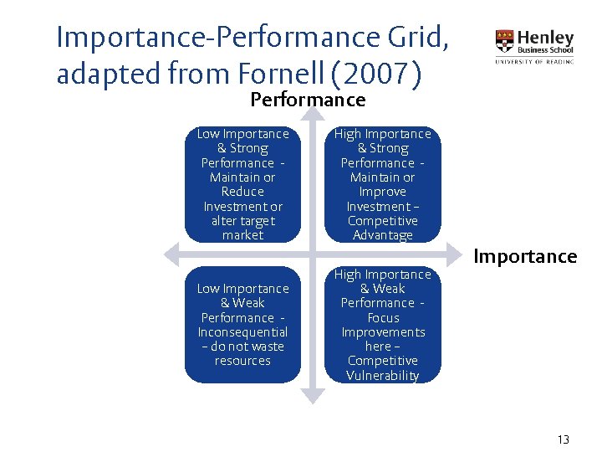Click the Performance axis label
tap(308, 100)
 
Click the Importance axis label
tap(525, 256)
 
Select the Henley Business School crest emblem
tap(505, 41)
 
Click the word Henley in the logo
tap(546, 38)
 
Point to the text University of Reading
tap(534, 61)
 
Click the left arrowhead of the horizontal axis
tap(168, 253)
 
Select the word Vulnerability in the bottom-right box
tap(383, 376)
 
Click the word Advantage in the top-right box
tap(383, 235)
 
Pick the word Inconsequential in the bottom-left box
tap(242, 332)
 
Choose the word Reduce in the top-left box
tap(242, 192)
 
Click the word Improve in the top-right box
tap(383, 192)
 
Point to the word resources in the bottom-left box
tap(242, 361)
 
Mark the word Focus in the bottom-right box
tap(383, 318)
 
